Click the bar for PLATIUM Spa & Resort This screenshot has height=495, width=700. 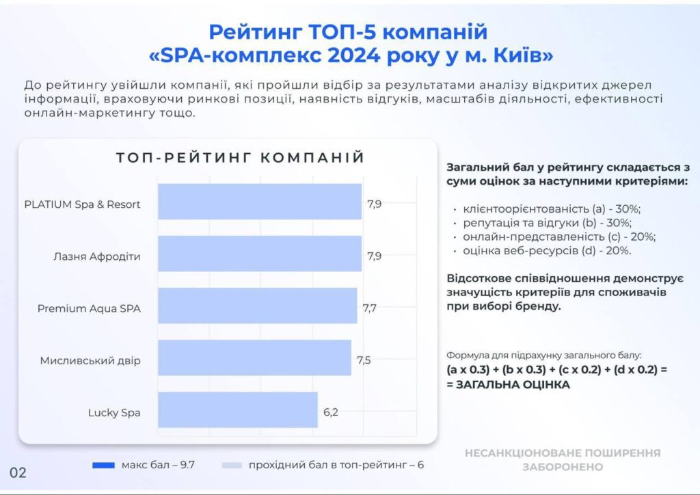click(x=260, y=201)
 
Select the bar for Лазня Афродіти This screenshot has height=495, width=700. click(x=260, y=254)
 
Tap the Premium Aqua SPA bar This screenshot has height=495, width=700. click(x=258, y=306)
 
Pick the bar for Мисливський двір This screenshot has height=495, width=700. click(x=254, y=358)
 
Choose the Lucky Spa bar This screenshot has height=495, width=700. click(x=238, y=410)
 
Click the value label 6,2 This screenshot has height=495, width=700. click(x=331, y=412)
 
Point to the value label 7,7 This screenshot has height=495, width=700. click(x=370, y=308)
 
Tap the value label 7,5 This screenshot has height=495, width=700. click(x=364, y=360)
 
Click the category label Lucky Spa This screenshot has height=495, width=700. click(x=114, y=413)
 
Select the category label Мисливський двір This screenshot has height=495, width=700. click(x=90, y=360)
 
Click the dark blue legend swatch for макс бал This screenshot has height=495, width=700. click(x=103, y=465)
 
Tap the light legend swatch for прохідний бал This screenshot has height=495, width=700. click(x=232, y=465)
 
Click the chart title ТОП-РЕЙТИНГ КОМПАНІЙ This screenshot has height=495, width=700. click(x=241, y=157)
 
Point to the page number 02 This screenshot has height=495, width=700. click(x=18, y=472)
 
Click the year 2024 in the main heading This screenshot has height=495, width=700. click(x=354, y=55)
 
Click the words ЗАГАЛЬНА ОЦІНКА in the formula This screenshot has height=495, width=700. click(x=513, y=385)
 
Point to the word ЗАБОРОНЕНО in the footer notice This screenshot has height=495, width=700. click(x=563, y=467)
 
